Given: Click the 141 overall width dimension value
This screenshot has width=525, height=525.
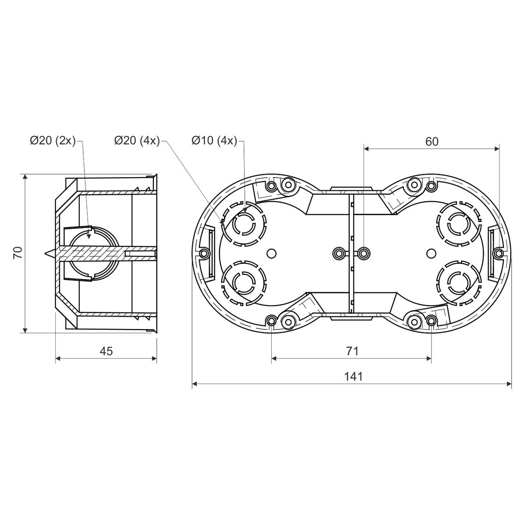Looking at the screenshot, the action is [x=353, y=377].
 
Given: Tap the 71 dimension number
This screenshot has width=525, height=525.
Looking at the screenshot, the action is [x=352, y=351].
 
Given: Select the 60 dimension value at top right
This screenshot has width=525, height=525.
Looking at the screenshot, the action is [x=432, y=142].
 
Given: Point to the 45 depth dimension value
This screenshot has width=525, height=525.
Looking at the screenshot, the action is [x=106, y=351].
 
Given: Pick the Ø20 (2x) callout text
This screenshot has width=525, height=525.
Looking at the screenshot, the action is [x=52, y=141].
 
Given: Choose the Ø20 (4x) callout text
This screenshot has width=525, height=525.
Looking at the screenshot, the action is [x=137, y=141].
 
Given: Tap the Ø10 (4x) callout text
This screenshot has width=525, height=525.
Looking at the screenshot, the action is [x=214, y=141].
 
